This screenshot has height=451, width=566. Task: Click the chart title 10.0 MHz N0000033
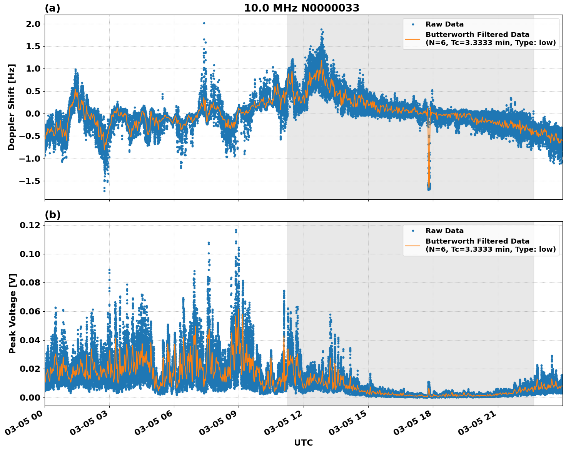(x=302, y=8)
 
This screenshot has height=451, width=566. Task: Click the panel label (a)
(x=52, y=8)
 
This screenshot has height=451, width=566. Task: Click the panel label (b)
(x=53, y=215)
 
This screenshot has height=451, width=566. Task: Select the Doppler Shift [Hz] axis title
(x=12, y=107)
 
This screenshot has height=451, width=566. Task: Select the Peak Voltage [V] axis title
(x=13, y=313)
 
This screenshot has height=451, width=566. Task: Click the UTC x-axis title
(x=303, y=443)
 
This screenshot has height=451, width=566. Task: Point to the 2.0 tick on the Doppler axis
(x=32, y=24)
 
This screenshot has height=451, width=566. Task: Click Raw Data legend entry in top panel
(x=444, y=24)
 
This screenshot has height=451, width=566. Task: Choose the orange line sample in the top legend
(x=413, y=38)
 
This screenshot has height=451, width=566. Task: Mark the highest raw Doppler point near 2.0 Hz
(x=204, y=23)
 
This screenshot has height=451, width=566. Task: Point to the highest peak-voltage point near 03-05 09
(x=236, y=230)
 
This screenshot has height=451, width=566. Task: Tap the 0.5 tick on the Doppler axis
(x=32, y=91)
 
